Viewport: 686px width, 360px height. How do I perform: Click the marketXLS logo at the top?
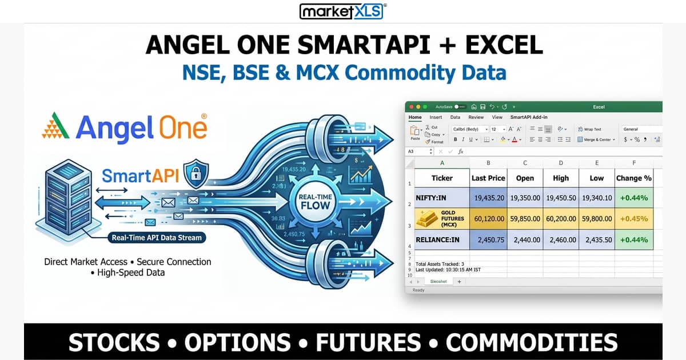pos(343,11)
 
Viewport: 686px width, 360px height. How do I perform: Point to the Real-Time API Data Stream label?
pos(157,237)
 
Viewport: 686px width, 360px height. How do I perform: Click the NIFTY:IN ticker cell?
pos(442,198)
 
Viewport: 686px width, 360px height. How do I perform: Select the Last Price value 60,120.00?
pos(488,218)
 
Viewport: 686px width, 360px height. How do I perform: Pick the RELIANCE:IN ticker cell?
pos(442,239)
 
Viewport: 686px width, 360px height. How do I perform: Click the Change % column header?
pos(633,178)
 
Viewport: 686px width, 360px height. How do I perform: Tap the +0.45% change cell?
pos(633,218)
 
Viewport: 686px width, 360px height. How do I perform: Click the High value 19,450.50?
pos(560,198)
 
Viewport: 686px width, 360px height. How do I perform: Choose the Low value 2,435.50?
pos(596,239)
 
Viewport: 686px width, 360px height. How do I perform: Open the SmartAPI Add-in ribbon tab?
pos(529,117)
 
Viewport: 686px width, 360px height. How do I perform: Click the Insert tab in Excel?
pos(436,117)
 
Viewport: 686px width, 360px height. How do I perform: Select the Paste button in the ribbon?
pos(415,134)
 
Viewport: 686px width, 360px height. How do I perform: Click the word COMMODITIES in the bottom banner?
pos(532,342)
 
